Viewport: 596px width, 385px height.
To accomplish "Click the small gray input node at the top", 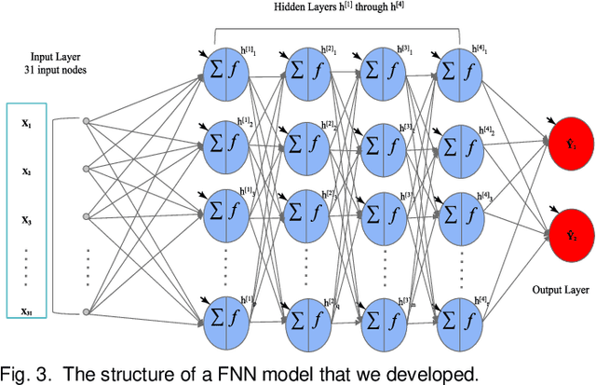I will click(x=86, y=120).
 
